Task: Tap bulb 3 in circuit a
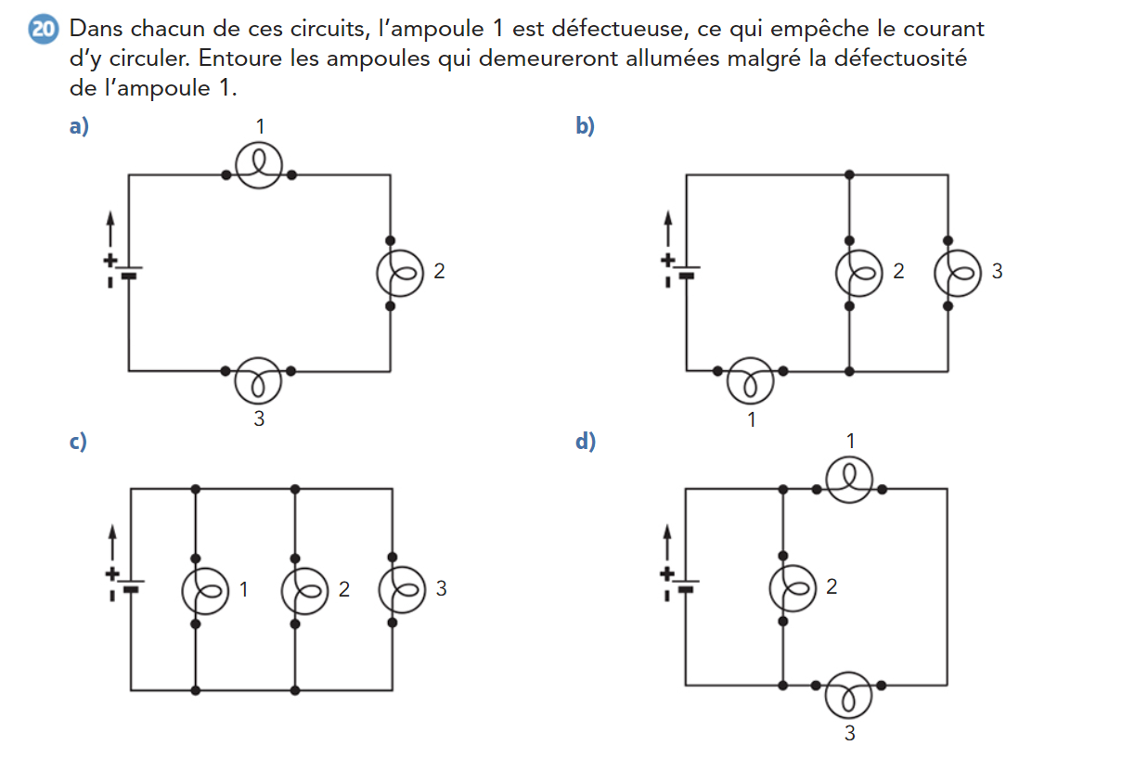259,379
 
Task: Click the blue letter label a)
79,126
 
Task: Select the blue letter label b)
585,126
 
